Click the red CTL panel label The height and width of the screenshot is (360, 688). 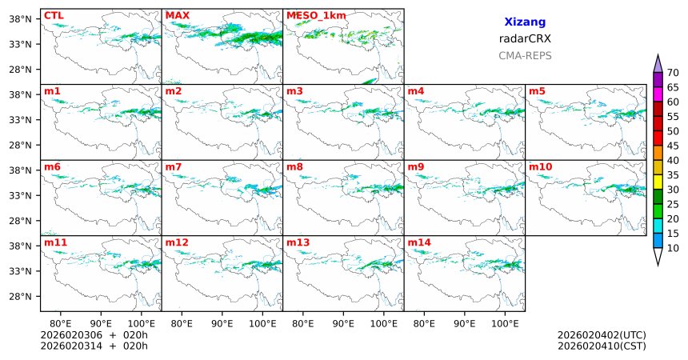54,15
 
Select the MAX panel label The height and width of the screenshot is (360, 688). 177,15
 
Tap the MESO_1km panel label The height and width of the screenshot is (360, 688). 312,15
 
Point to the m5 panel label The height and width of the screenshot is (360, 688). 537,91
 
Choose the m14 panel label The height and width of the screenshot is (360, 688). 418,242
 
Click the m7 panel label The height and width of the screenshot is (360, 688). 174,166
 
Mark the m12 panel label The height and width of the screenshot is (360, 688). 177,242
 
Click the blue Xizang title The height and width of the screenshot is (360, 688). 525,22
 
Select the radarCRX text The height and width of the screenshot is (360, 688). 525,38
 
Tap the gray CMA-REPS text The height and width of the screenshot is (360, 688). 525,56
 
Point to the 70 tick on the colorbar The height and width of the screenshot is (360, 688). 673,72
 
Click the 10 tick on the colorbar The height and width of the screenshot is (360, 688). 673,248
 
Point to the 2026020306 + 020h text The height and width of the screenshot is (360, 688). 94,334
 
